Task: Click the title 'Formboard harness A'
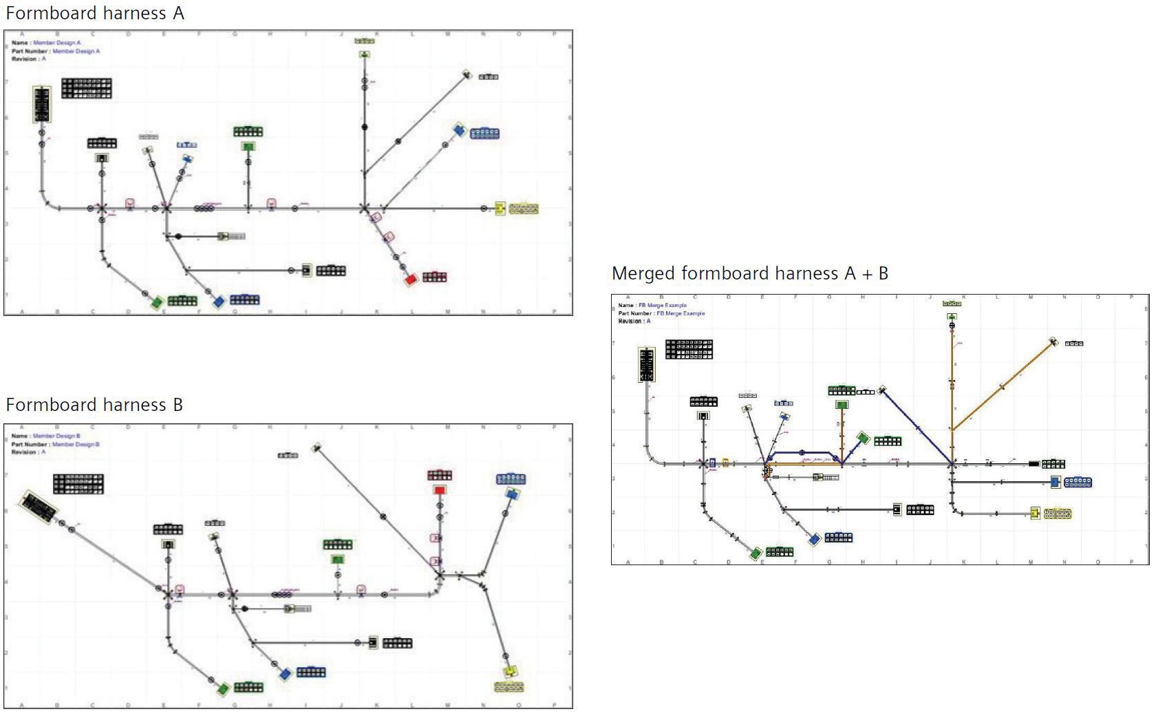94,13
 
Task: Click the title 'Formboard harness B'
94,405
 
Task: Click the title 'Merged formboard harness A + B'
749,273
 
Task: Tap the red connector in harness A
411,279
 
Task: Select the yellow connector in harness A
500,209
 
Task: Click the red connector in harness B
440,490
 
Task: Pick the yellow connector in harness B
511,671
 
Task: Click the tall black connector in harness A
42,105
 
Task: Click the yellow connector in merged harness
1035,513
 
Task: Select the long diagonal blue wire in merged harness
917,427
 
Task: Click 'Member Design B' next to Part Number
76,444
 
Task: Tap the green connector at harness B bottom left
223,688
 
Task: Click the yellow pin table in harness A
524,209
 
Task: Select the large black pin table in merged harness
689,349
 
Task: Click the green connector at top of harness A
364,54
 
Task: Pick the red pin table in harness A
435,277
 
